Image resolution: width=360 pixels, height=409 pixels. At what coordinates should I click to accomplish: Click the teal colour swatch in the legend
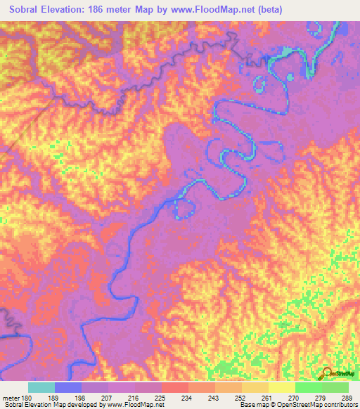(x=41, y=387)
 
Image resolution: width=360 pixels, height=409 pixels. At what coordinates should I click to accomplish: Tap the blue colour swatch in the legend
(x=67, y=387)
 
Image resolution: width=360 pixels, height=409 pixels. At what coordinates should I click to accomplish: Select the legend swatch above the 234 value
(x=174, y=387)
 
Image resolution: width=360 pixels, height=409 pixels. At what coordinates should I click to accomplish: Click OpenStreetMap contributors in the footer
(x=321, y=405)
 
